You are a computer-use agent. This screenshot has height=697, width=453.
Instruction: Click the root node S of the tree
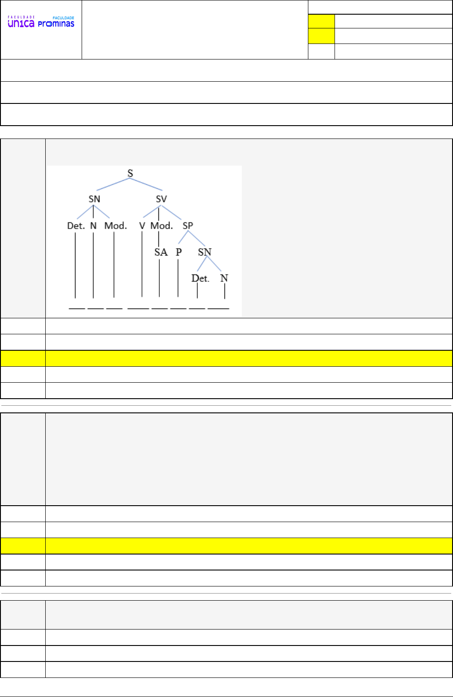point(130,173)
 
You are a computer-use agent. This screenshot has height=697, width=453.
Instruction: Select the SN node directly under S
point(94,199)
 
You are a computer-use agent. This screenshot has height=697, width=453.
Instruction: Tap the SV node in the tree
point(161,199)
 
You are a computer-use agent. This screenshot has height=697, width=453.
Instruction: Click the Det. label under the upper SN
point(76,226)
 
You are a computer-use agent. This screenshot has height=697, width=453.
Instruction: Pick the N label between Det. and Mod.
point(93,226)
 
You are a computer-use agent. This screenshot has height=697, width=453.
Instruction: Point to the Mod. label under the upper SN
point(115,226)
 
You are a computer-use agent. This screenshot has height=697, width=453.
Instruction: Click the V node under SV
point(142,226)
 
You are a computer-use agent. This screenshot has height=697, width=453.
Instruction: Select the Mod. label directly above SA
point(162,226)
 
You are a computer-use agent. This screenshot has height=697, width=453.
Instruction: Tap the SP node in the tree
point(188,226)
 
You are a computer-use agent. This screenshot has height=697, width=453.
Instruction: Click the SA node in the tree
point(161,252)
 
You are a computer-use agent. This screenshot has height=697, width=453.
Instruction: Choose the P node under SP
point(178,252)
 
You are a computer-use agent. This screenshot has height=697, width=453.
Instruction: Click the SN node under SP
point(205,252)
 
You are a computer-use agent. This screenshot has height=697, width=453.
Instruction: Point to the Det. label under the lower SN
point(200,278)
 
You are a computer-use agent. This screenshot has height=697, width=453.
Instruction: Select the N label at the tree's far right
point(224,278)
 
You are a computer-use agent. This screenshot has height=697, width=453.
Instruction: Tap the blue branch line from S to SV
point(146,184)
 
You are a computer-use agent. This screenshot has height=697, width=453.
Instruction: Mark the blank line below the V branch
point(138,308)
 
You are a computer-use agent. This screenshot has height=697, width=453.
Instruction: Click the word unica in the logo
point(21,24)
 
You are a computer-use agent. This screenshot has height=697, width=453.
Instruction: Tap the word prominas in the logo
point(56,24)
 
